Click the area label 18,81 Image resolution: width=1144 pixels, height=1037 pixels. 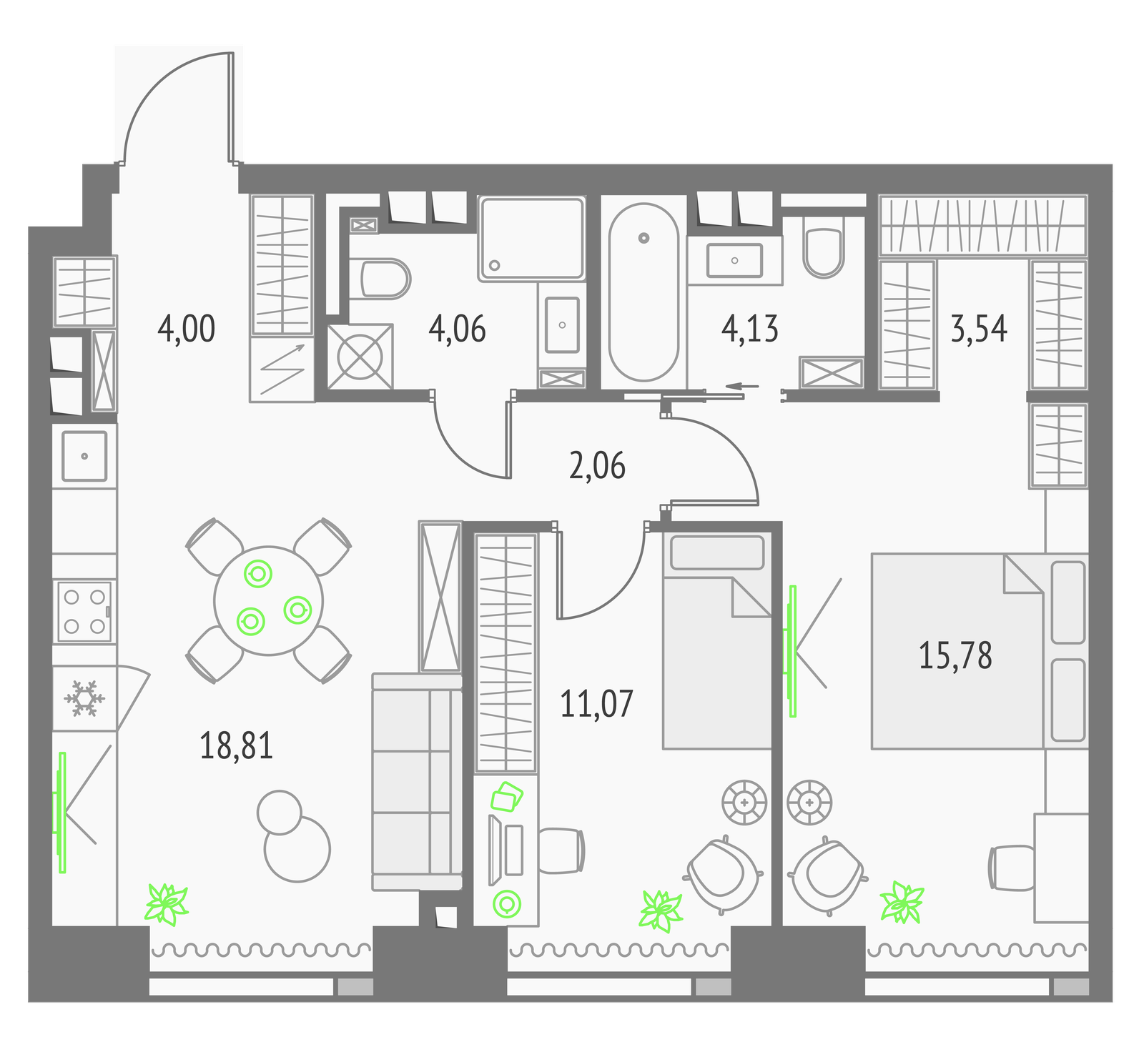(236, 746)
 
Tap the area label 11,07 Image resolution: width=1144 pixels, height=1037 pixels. (596, 704)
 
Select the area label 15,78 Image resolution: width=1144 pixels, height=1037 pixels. (955, 655)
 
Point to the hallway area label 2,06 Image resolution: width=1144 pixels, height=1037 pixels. (597, 465)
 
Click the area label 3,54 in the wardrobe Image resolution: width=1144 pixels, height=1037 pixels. (979, 329)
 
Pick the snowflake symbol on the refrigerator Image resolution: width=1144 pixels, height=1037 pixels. (84, 699)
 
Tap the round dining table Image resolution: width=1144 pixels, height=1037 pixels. (268, 600)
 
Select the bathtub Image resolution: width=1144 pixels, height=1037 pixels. (643, 292)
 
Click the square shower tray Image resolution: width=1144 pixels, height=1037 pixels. (531, 238)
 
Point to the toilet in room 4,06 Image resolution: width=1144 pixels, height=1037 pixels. (385, 279)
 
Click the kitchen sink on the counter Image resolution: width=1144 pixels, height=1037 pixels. (84, 455)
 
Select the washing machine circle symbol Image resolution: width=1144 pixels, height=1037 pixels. (360, 356)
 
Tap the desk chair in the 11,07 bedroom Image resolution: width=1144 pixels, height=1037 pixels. (561, 850)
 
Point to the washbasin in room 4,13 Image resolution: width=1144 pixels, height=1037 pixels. (734, 260)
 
